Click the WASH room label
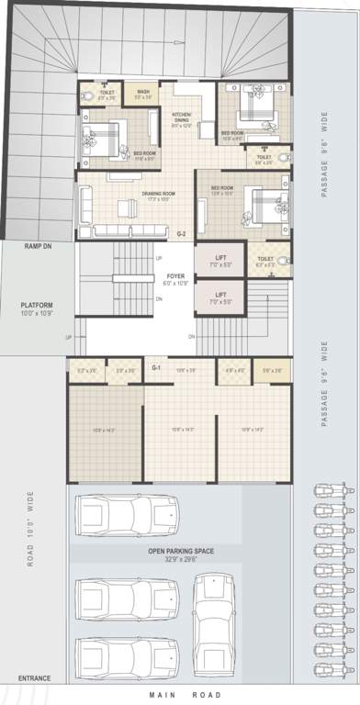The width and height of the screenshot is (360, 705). click(143, 93)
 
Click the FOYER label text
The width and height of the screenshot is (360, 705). click(176, 275)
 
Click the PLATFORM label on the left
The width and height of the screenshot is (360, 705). click(38, 305)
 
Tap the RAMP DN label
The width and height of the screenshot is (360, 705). click(37, 247)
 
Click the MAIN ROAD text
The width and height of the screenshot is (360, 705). click(182, 696)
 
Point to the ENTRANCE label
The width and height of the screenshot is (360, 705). click(33, 679)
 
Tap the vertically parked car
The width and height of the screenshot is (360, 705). click(213, 624)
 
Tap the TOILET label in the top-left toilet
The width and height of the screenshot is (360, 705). click(107, 93)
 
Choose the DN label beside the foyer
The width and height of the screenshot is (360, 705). click(159, 298)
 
